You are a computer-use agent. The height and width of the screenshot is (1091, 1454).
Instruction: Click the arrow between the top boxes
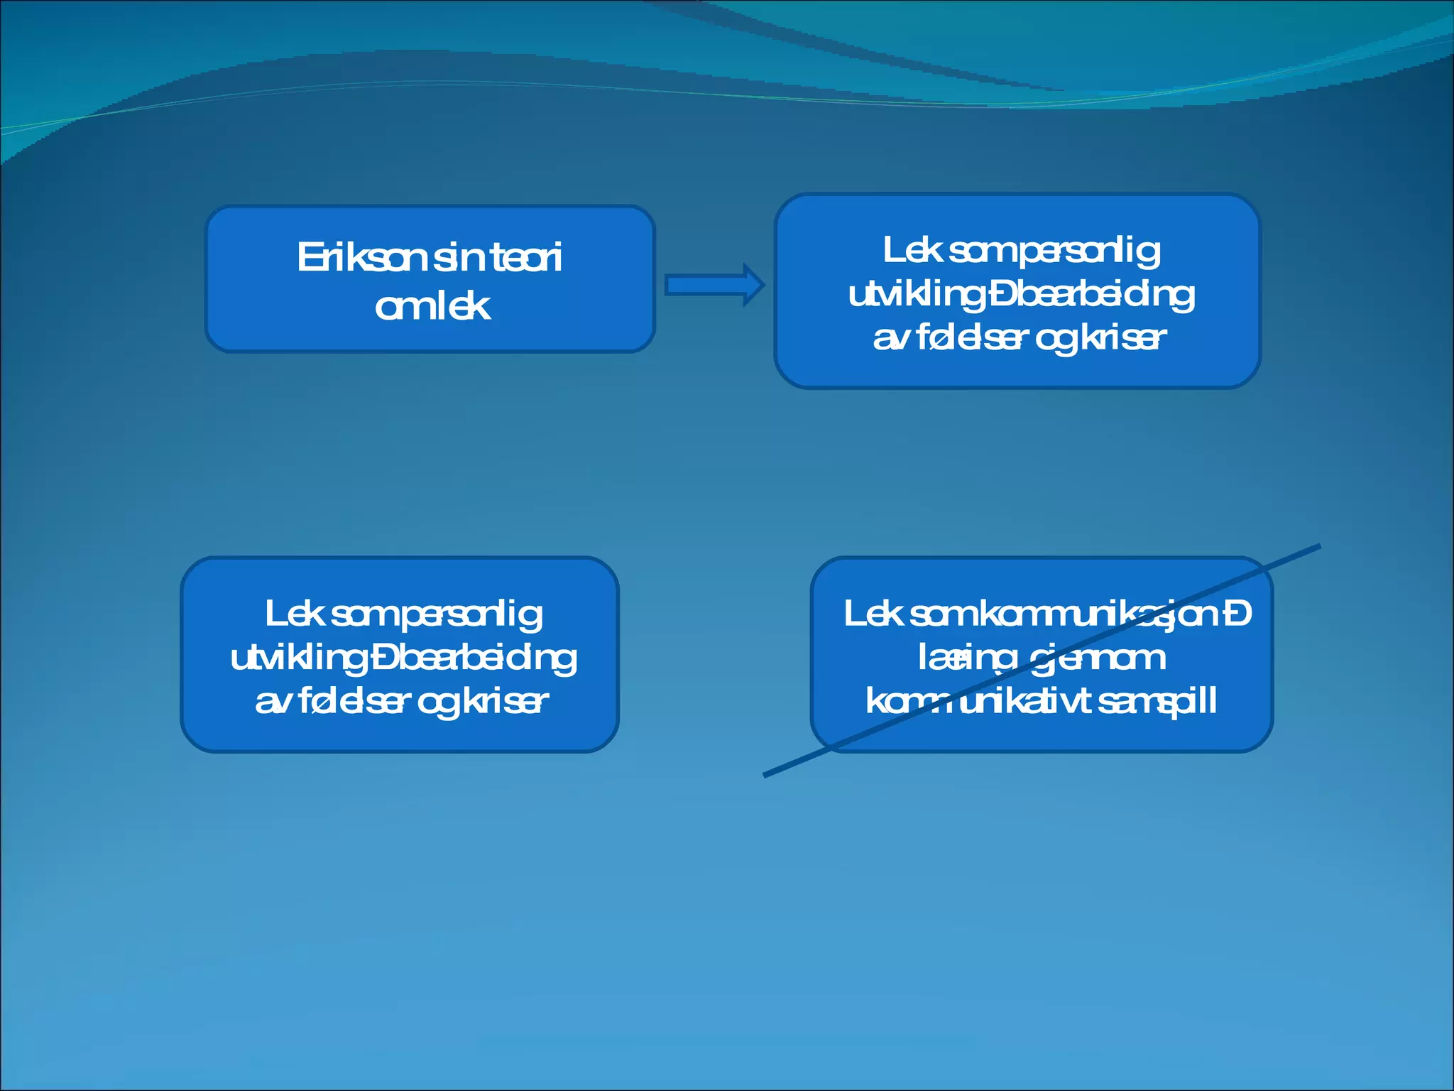[714, 285]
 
